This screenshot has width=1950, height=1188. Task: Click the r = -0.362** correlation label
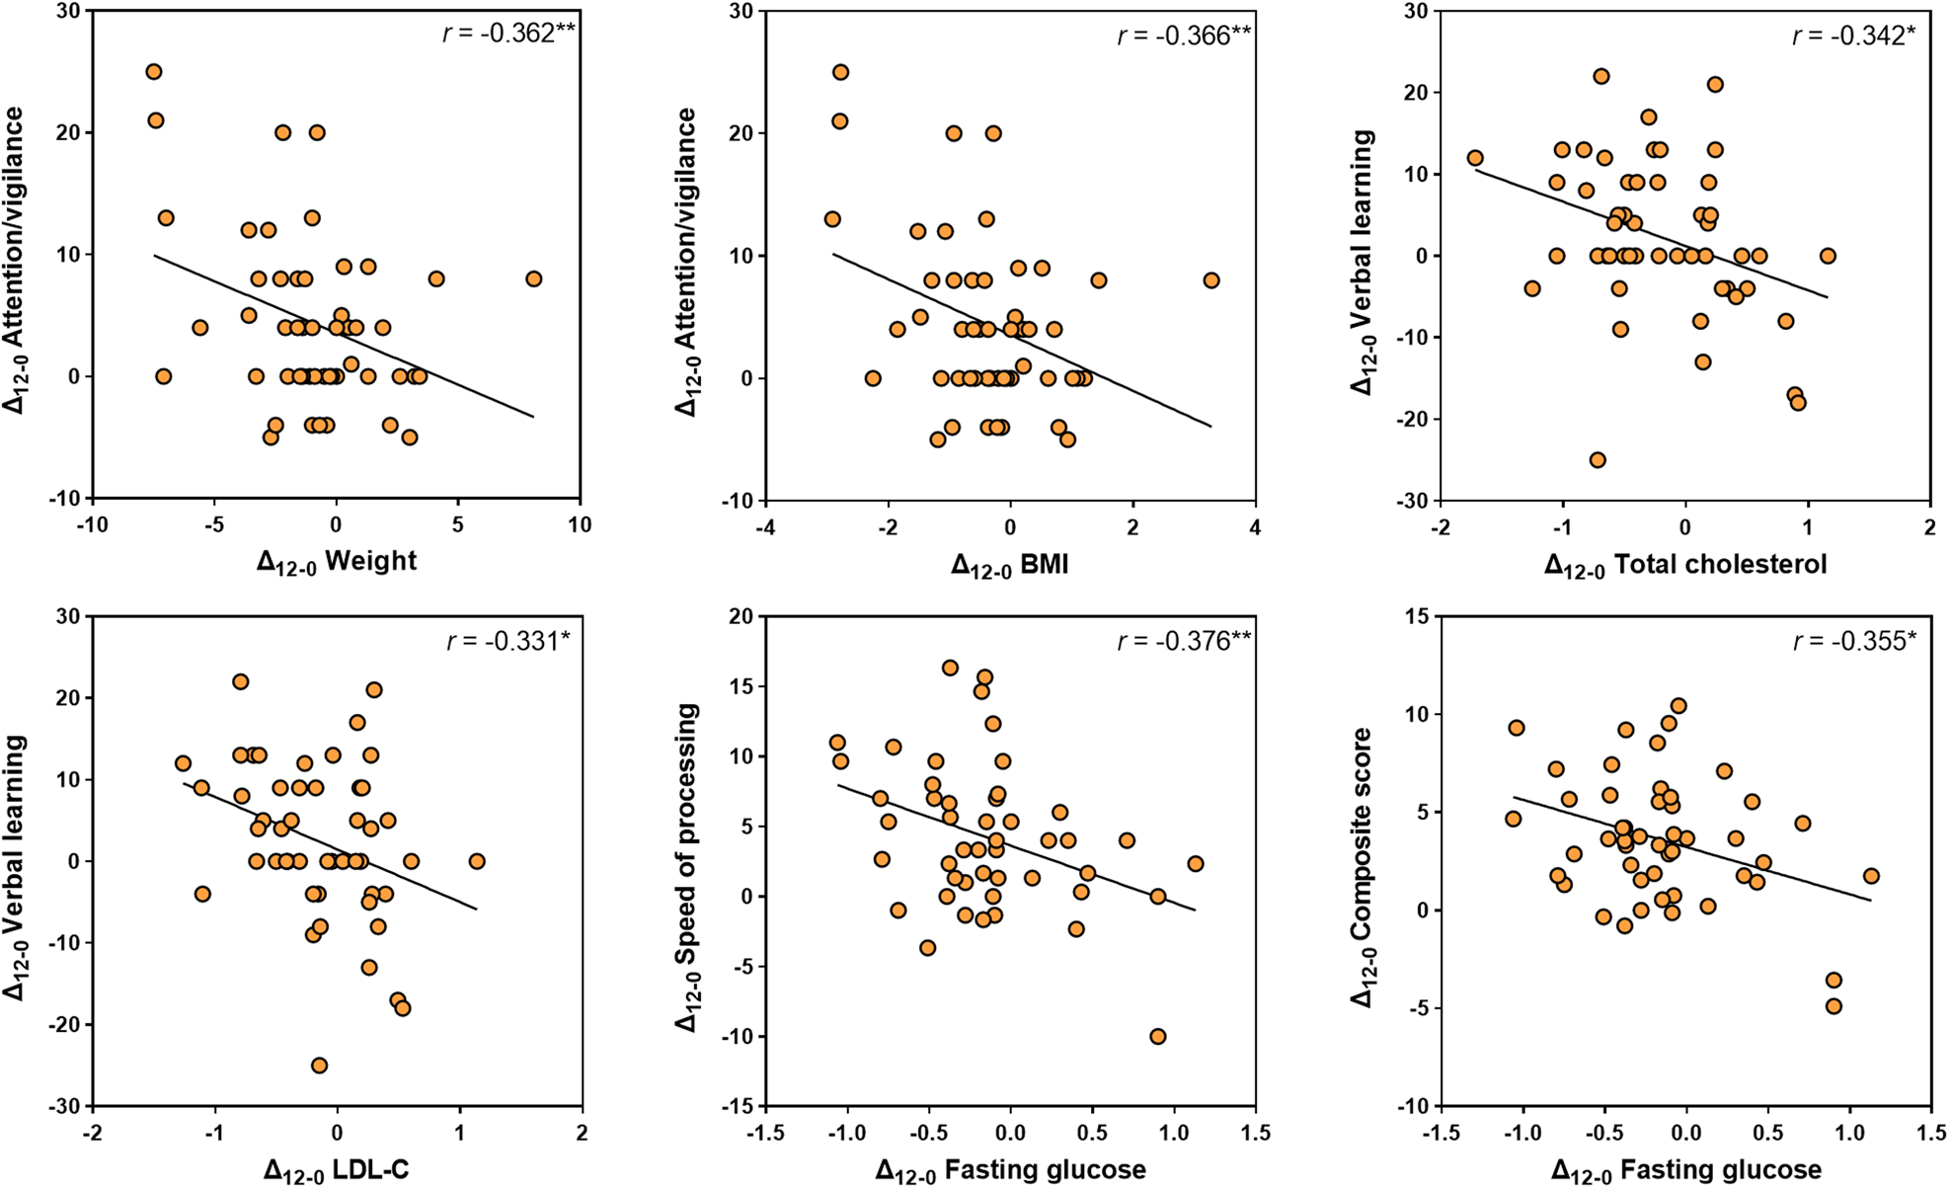coord(507,35)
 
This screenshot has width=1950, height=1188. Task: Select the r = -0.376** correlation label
coord(1184,641)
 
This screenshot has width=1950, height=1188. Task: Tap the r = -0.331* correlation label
coord(507,641)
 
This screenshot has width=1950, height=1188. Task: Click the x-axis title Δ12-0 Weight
coord(337,562)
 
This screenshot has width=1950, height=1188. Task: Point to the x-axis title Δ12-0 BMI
coord(1010,565)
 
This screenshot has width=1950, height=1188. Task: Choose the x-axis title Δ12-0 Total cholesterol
coord(1685,565)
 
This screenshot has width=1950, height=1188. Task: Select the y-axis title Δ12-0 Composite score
coord(1363,867)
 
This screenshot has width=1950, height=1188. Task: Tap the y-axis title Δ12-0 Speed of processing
coord(687,867)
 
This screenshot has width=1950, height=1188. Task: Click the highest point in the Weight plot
coord(153,71)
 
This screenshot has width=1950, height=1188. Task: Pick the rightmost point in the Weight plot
coord(534,278)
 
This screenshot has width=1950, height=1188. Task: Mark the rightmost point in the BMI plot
coord(1211,280)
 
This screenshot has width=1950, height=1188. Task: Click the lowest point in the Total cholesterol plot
coord(1597,460)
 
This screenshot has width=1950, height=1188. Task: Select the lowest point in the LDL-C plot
coord(319,1066)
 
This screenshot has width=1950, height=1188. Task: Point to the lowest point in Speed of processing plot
coord(1158,1036)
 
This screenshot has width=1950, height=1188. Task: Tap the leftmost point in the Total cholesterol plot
coord(1475,158)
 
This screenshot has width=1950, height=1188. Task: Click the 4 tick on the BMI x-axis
coord(1255,527)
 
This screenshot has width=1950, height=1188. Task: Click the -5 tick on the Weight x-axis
coord(214,524)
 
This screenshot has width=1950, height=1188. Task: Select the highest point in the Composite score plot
coord(1678,706)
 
